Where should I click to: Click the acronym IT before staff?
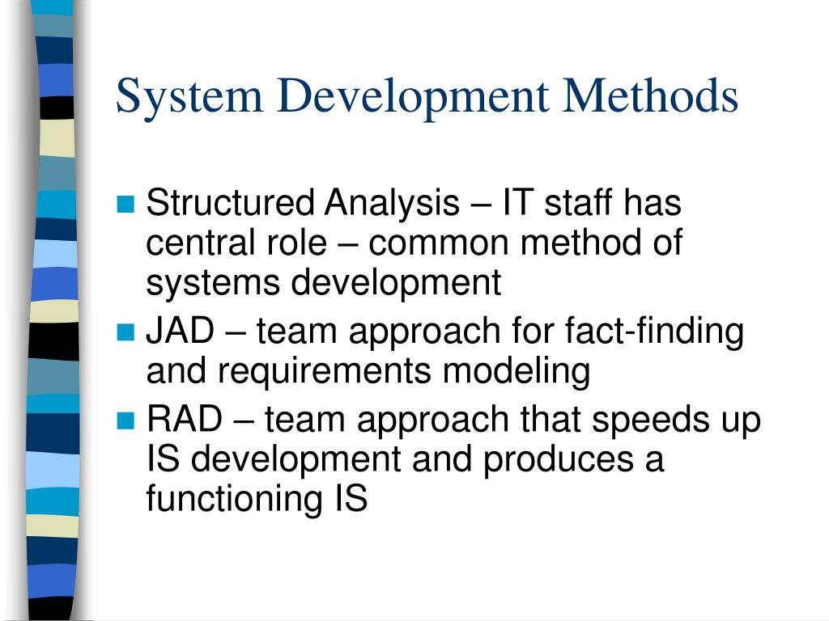pos(518,203)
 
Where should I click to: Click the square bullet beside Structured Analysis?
pos(125,205)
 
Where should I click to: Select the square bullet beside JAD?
pos(125,332)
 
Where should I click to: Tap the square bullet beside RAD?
pos(125,421)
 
